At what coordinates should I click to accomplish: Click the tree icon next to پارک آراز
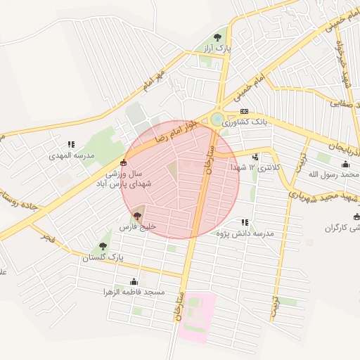click(217, 37)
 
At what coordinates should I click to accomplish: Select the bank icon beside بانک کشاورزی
click(244, 112)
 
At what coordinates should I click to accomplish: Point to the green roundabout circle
click(217, 119)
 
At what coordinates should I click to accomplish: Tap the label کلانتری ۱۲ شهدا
click(254, 167)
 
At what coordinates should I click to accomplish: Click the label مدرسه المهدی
click(71, 155)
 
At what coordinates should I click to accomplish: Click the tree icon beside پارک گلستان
click(103, 247)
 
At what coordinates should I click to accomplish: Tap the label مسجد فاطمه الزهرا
click(133, 291)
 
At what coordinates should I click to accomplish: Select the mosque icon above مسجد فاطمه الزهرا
click(133, 281)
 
